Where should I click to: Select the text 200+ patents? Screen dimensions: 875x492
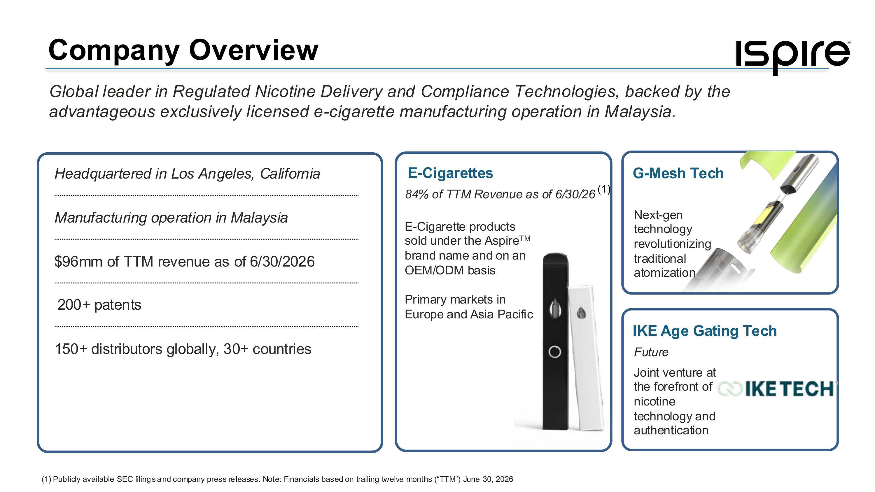(99, 305)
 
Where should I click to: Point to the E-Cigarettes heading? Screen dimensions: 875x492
(450, 173)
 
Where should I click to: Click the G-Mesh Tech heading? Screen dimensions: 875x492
(678, 173)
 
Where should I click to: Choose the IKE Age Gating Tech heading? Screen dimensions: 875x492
(704, 331)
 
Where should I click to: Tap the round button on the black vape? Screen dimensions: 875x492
(555, 352)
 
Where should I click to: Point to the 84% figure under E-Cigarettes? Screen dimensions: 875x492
(417, 194)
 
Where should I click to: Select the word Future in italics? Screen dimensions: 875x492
(651, 352)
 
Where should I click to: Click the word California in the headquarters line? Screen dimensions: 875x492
(290, 174)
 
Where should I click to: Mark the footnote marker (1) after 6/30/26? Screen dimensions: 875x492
(603, 189)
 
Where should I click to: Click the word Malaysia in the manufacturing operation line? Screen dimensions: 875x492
(259, 218)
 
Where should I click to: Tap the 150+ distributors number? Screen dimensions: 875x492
(71, 349)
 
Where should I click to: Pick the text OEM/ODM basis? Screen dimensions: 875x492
(450, 270)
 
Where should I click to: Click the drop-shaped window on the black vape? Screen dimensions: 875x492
(555, 308)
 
